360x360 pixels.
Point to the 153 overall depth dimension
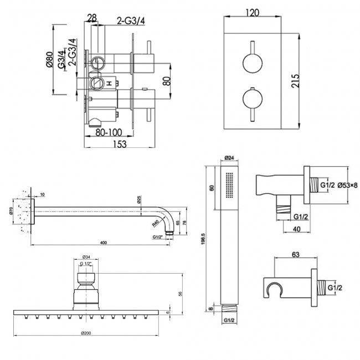coord(119,143)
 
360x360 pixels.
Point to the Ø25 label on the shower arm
coord(139,199)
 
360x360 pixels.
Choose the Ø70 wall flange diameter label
coord(12,210)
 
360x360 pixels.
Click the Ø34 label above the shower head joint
coord(86,256)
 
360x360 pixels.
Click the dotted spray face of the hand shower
coord(230,186)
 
